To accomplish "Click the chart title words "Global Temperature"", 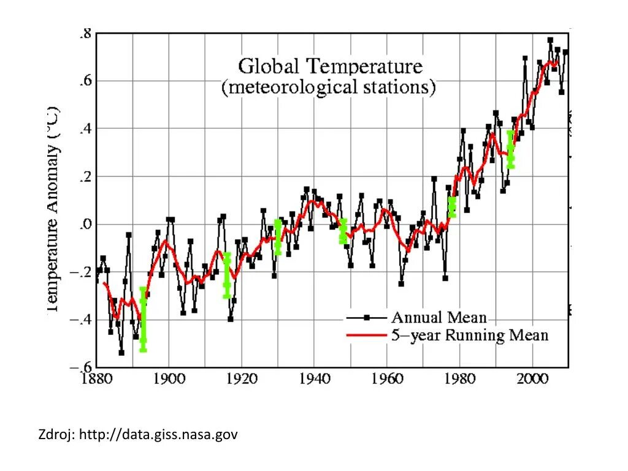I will (x=330, y=66).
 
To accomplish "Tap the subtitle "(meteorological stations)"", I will (x=329, y=87).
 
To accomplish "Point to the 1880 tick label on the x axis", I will (x=96, y=378).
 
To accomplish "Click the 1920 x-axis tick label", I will (x=241, y=378).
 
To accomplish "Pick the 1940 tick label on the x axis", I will (x=314, y=378).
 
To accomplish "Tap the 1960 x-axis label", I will (x=387, y=378).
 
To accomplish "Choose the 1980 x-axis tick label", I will (x=459, y=378).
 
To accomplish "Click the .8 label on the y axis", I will (x=85, y=34).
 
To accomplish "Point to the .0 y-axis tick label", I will (x=85, y=224).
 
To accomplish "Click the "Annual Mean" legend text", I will (x=438, y=318).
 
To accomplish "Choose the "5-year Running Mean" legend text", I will (x=469, y=335).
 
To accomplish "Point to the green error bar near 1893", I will (x=143, y=319).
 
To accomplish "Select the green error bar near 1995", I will (x=511, y=149).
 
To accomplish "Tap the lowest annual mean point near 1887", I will (x=121, y=353).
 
